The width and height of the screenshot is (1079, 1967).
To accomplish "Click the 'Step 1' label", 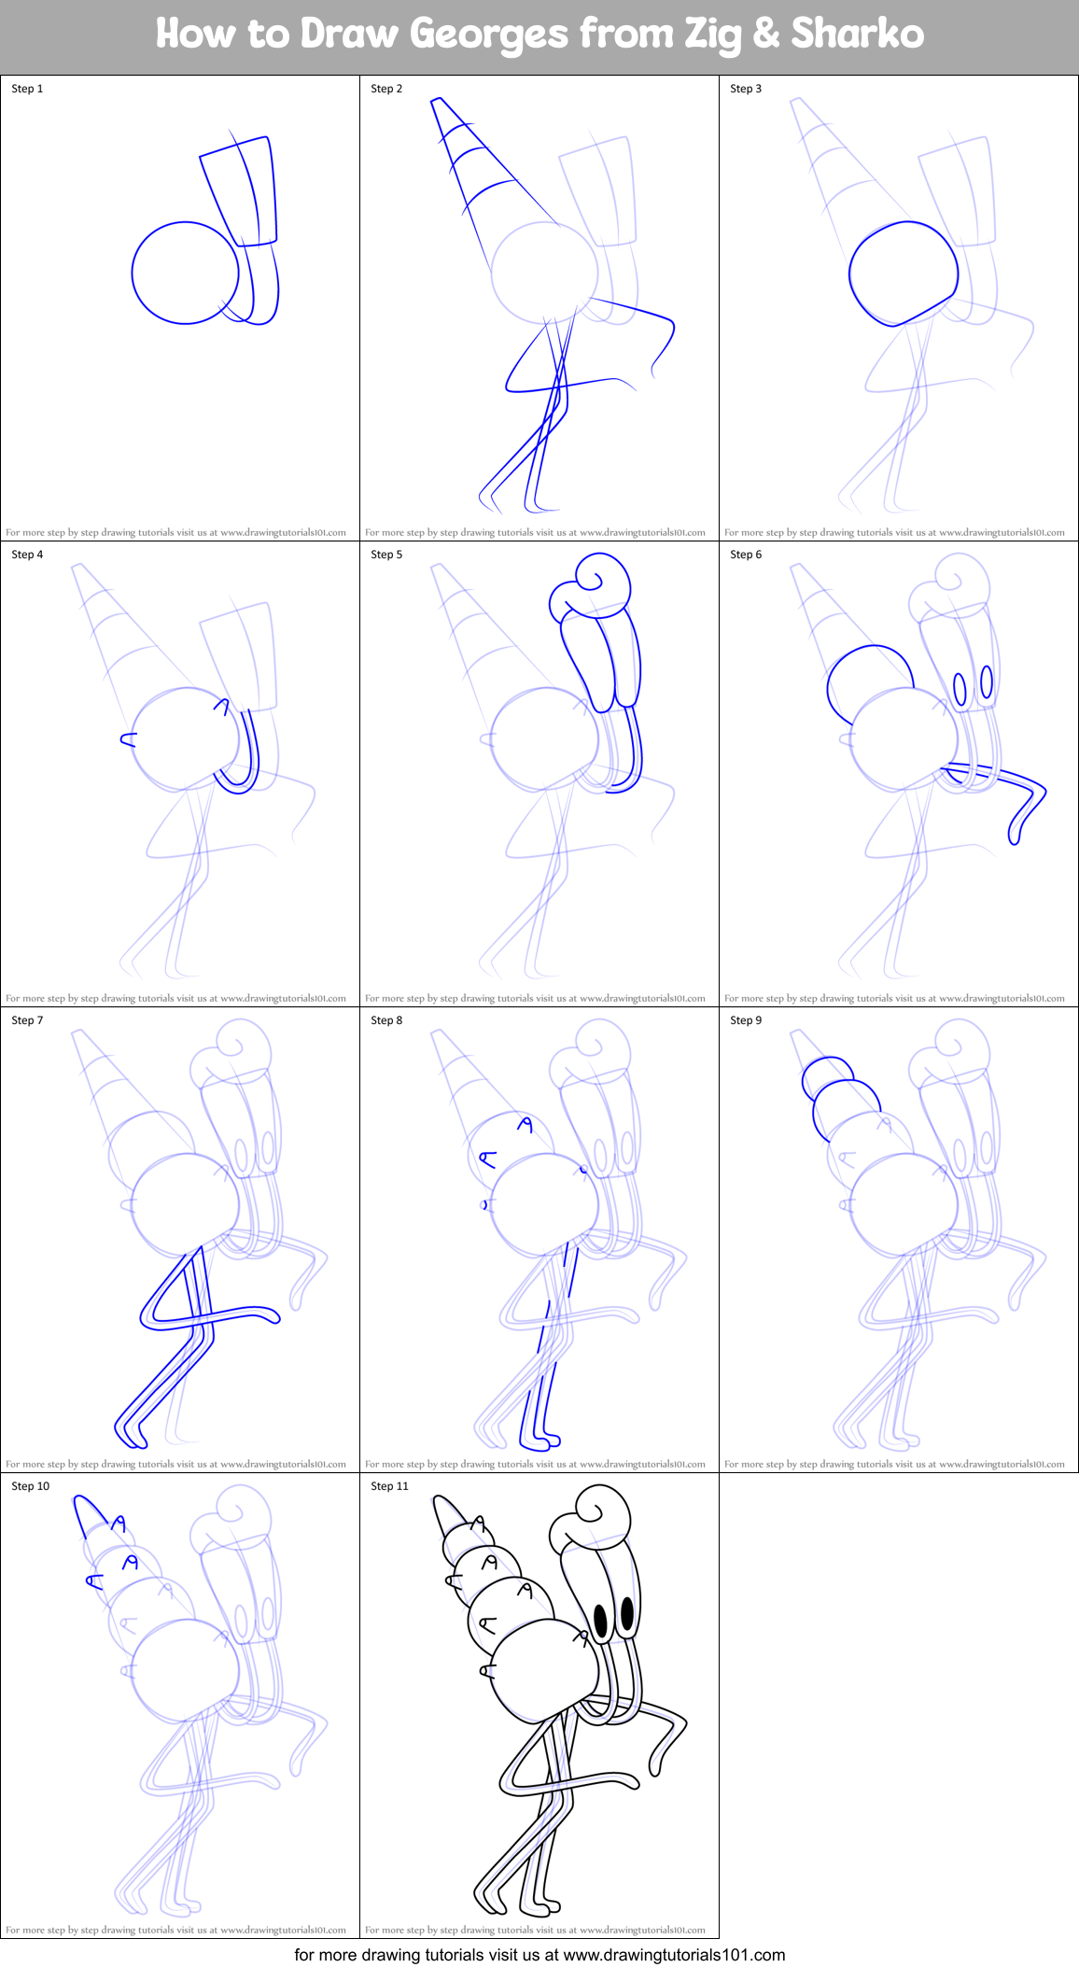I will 27,89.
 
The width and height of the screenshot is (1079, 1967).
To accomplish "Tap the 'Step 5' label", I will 386,555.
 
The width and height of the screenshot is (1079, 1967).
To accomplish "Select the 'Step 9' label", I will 746,1020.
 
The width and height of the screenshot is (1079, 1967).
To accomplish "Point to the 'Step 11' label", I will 389,1486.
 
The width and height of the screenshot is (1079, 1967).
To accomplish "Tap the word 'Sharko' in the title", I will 857,35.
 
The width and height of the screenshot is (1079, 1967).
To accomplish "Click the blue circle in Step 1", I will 185,273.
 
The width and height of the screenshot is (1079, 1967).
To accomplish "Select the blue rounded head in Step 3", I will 903,273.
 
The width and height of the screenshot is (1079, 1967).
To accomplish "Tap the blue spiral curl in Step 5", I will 593,583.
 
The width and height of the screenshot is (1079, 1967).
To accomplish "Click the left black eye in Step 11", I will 602,1618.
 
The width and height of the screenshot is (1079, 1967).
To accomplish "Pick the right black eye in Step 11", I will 627,1610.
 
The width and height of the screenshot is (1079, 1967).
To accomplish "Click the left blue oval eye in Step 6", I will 960,688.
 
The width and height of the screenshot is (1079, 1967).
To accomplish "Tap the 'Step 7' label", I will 27,1020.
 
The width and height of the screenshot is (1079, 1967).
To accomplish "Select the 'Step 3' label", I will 746,89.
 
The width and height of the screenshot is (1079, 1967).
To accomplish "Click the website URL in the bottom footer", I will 674,1954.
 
